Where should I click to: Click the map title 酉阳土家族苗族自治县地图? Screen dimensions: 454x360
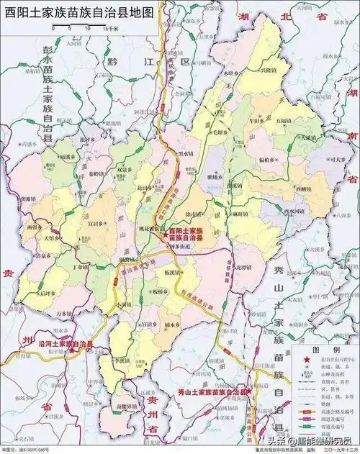[x=79, y=13]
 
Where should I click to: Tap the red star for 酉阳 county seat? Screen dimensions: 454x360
[x=165, y=234]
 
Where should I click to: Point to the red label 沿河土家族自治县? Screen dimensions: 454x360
[x=66, y=345]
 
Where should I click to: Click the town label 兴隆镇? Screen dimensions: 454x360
[x=266, y=73]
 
